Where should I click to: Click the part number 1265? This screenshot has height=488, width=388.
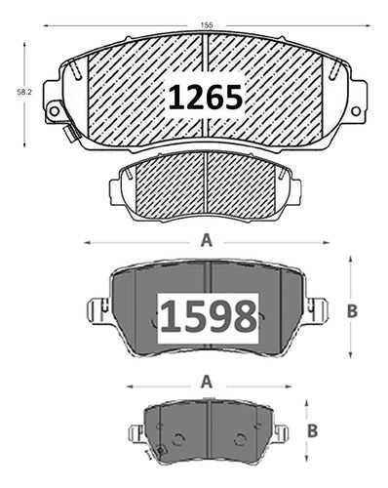[x=206, y=97]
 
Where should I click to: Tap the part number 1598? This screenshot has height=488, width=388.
[x=209, y=316]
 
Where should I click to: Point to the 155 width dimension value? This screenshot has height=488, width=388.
[x=207, y=25]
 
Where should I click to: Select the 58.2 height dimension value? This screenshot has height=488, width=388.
[x=24, y=92]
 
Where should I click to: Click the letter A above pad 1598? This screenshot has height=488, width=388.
[x=207, y=241]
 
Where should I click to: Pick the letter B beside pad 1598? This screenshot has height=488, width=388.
[x=352, y=311]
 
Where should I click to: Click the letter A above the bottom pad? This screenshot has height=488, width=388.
[x=207, y=382]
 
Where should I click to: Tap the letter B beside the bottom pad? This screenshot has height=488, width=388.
[x=312, y=431]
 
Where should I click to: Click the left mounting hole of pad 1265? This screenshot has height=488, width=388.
[x=54, y=111]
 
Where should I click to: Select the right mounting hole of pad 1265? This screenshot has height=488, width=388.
[x=356, y=110]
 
